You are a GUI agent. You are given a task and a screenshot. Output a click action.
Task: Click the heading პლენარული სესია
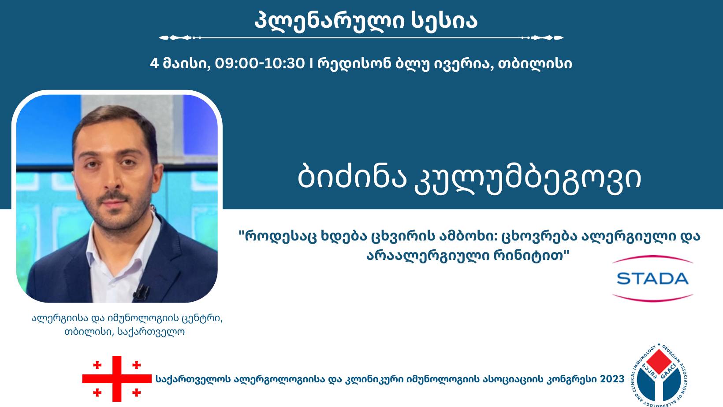[366, 20]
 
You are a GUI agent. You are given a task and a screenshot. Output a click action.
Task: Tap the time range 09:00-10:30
[260, 64]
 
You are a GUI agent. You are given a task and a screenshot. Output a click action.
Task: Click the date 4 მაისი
[179, 64]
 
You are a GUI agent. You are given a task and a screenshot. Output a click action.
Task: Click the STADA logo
[652, 278]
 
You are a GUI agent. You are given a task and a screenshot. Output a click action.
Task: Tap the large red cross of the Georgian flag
[117, 378]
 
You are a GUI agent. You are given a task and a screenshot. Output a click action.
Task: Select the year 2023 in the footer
[612, 379]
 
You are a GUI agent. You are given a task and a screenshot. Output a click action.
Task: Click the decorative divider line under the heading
[361, 38]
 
